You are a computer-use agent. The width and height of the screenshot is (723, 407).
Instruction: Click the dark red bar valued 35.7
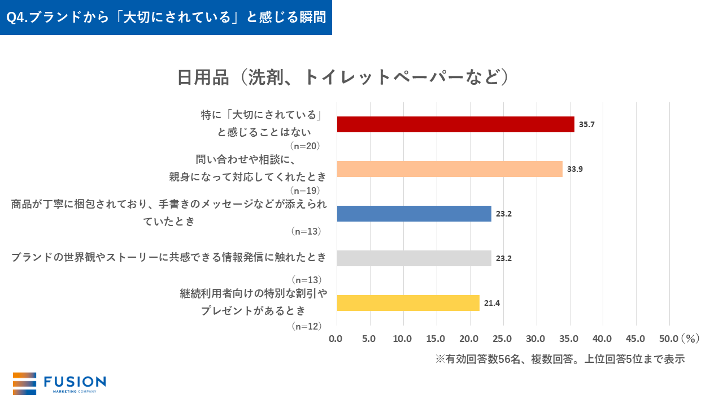(x=455, y=124)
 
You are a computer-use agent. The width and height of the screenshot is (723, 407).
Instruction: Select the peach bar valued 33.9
(x=450, y=169)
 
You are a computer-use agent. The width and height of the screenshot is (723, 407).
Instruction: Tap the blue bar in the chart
(x=414, y=214)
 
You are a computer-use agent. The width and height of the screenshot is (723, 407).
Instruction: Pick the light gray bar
(x=414, y=258)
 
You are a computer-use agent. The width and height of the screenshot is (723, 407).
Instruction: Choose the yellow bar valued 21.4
(x=408, y=303)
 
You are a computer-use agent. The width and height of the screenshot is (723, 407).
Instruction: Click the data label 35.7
(x=587, y=124)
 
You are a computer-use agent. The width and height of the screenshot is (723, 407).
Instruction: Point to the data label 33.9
(x=575, y=169)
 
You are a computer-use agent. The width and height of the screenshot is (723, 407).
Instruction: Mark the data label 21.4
(x=492, y=303)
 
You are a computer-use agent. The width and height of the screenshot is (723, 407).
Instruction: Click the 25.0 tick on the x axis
(x=502, y=339)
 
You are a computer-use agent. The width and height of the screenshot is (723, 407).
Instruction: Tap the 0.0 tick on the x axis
(x=336, y=339)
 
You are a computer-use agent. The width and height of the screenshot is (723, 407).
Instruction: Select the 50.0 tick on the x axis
(x=669, y=339)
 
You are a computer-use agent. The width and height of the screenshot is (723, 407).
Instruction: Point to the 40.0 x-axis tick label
(x=602, y=339)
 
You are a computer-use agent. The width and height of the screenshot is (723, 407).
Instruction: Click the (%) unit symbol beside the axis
(x=690, y=339)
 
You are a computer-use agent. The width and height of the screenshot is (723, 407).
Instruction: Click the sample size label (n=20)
(x=306, y=146)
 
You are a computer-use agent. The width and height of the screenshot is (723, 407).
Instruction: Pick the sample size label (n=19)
(x=306, y=190)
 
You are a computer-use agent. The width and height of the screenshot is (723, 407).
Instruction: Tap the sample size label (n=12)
(x=306, y=326)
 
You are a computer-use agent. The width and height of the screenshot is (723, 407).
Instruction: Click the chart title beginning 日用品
(x=343, y=77)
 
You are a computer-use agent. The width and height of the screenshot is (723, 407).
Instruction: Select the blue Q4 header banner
(x=166, y=18)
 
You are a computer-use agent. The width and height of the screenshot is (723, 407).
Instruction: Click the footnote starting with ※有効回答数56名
(x=560, y=359)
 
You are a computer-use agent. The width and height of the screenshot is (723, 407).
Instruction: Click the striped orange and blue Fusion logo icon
(x=24, y=384)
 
